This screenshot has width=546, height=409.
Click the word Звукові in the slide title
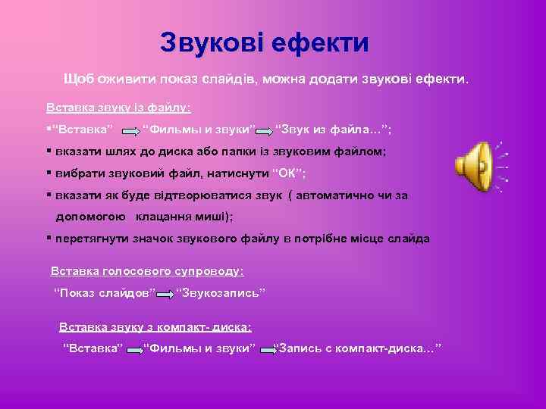(212, 42)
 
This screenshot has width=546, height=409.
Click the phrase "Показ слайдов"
(105, 292)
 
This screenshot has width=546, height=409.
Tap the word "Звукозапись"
(221, 292)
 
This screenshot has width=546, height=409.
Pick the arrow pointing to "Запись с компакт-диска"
(266, 349)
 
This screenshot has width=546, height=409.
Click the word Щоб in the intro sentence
(80, 79)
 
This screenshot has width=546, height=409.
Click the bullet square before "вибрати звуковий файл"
(49, 173)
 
